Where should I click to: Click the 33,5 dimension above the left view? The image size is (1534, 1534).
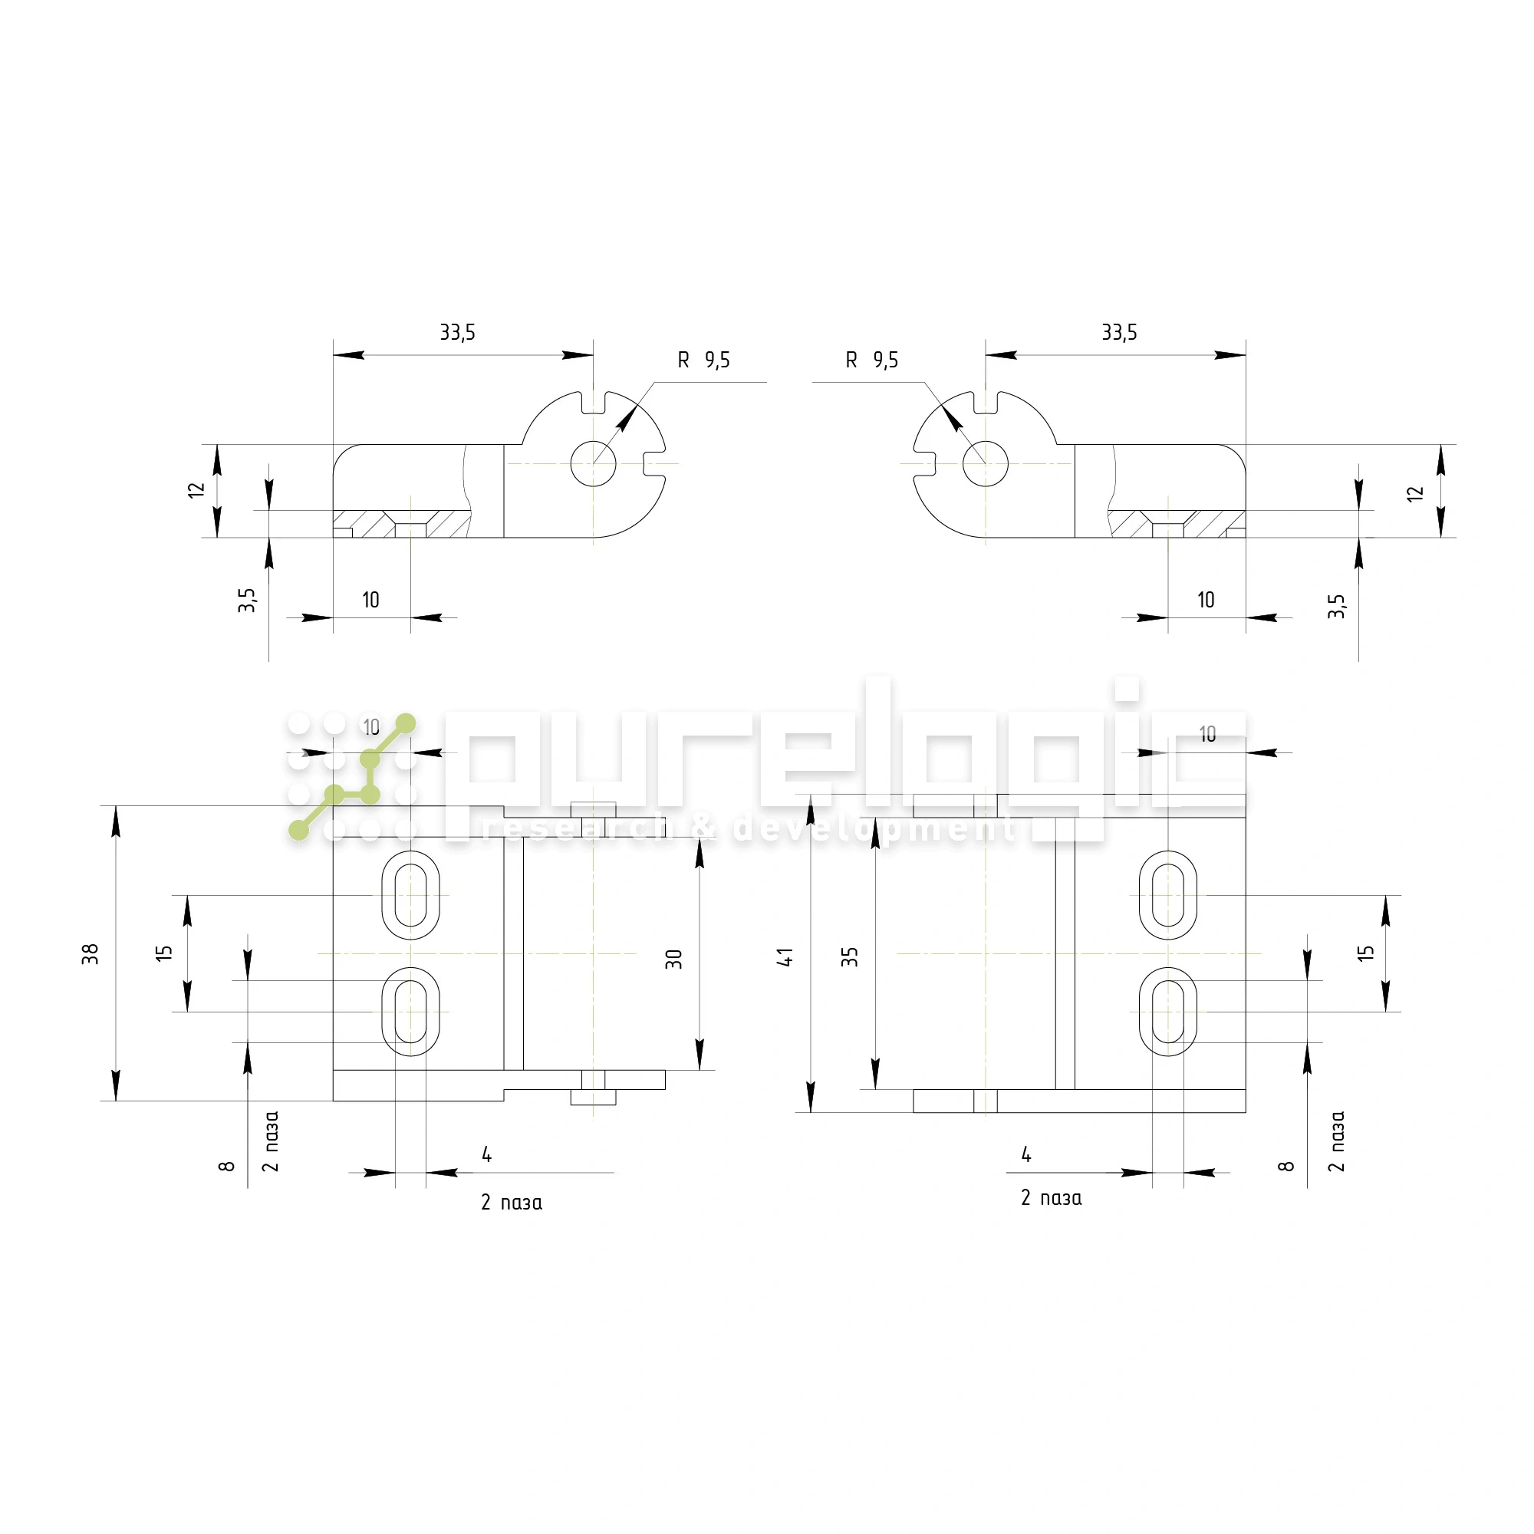457,332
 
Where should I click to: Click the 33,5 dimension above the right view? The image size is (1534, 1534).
1119,332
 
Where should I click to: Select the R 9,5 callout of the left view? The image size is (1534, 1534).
703,360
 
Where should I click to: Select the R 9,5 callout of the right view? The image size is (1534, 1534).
871,360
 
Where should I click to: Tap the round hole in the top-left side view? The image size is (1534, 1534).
593,464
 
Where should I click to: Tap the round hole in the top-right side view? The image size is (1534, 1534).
986,464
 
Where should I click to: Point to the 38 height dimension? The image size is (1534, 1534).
91,953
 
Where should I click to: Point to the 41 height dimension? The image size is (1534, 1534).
785,956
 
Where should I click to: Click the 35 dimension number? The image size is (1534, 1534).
851,956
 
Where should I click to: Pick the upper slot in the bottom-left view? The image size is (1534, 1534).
410,895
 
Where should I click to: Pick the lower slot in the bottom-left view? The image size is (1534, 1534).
410,1012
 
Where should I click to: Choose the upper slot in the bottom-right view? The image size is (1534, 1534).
1167,895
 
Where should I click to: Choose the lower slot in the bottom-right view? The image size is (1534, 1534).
1167,1012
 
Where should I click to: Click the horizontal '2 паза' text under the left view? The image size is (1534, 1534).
512,1203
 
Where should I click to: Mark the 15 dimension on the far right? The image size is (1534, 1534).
1365,953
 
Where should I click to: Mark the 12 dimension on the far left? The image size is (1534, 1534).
196,490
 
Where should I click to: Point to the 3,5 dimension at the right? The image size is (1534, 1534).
1336,606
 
